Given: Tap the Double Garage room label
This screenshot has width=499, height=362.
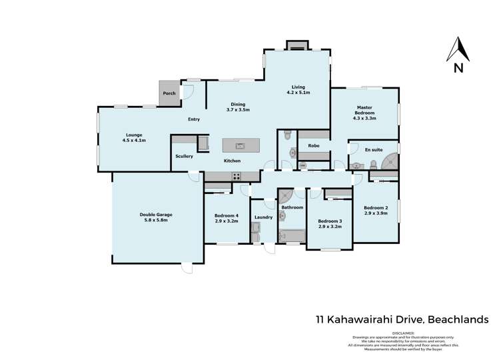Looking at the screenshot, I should (156, 215).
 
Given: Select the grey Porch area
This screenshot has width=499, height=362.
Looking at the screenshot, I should (169, 93).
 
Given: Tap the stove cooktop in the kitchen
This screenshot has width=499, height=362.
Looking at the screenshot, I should (236, 176).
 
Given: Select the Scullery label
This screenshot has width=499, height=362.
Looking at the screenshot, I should (184, 157).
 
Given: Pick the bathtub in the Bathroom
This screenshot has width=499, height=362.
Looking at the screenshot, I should (290, 235).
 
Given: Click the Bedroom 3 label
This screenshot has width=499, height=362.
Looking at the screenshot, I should (330, 221).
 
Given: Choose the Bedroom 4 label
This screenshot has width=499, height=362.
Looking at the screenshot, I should (227, 215).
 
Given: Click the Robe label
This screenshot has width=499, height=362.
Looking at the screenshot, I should (313, 145).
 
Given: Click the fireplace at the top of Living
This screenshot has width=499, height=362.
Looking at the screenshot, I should (297, 45).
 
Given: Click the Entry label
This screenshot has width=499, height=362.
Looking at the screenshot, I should (194, 119).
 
